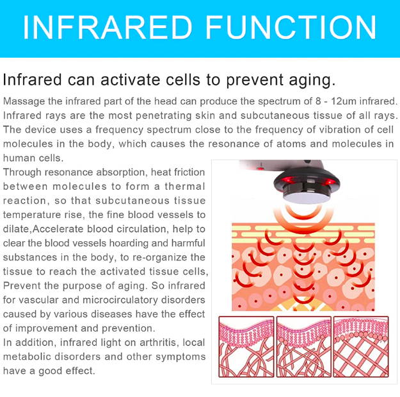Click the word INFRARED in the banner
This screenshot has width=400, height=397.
click(108, 27)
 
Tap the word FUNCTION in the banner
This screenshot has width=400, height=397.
click(291, 27)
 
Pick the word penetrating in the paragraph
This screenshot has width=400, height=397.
click(163, 116)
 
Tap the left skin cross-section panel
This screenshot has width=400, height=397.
click(246, 346)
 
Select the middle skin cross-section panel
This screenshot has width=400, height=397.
click(304, 346)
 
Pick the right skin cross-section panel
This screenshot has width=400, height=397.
click(361, 346)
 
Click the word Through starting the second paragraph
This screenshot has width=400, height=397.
click(22, 173)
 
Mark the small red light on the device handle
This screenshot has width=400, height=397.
click(260, 169)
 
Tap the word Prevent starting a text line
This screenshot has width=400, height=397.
click(22, 286)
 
